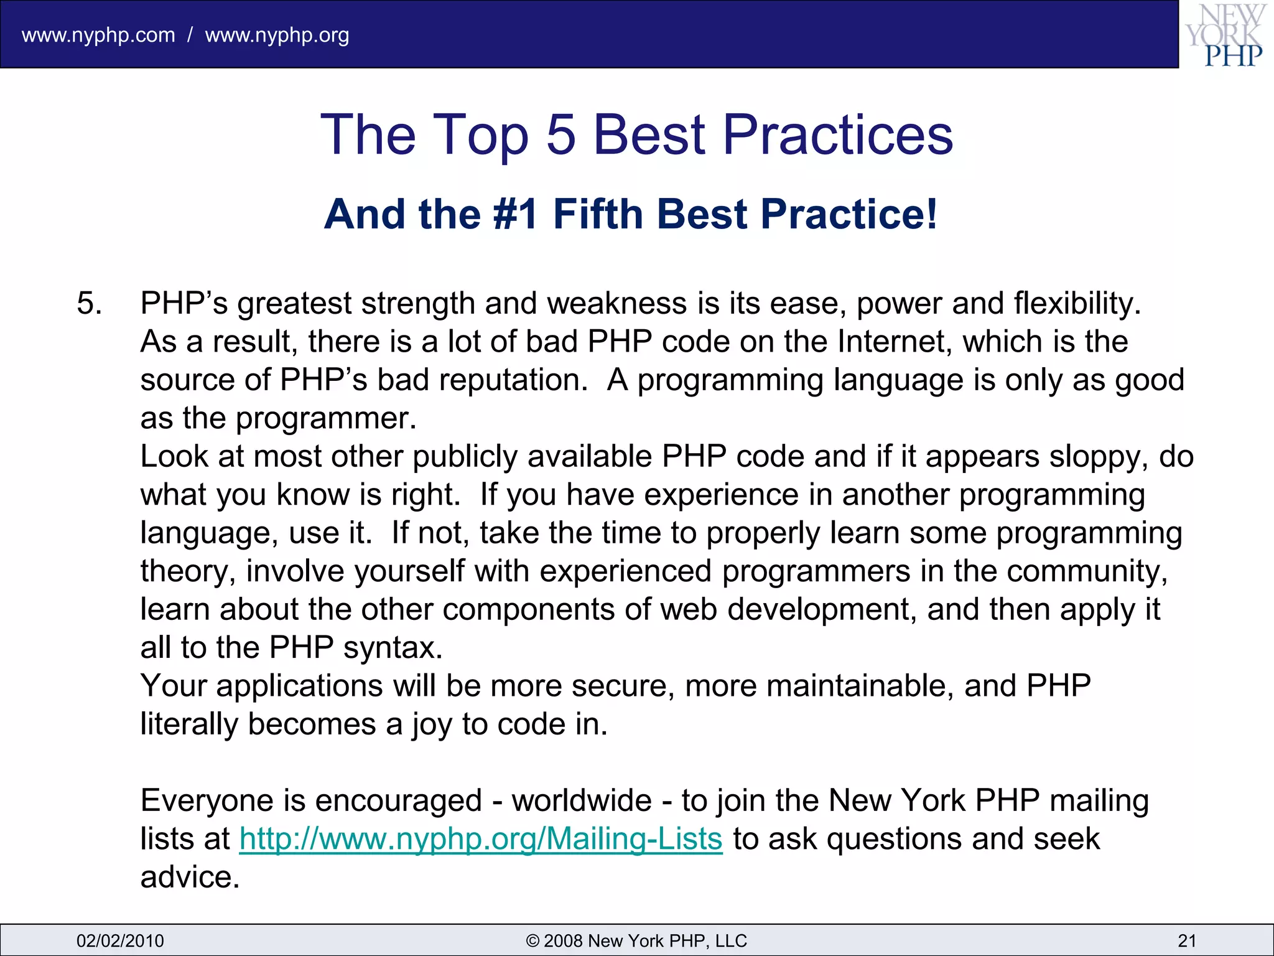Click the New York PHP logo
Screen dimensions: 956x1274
(1225, 35)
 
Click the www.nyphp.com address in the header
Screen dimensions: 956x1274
(98, 35)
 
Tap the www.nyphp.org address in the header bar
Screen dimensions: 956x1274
(277, 35)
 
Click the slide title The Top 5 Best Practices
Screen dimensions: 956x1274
(636, 134)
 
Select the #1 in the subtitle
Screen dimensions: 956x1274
(515, 214)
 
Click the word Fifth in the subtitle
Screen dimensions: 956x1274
(598, 214)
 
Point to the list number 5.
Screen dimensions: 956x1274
(89, 304)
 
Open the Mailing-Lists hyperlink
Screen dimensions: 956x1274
(481, 839)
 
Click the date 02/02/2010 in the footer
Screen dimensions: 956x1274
(120, 940)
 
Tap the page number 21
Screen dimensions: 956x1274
(1187, 940)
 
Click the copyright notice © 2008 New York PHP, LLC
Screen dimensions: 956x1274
(636, 940)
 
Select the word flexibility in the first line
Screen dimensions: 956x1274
(1077, 304)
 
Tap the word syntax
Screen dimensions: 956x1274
(393, 648)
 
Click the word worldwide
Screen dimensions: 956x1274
(582, 801)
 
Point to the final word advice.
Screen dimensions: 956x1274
(190, 878)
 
